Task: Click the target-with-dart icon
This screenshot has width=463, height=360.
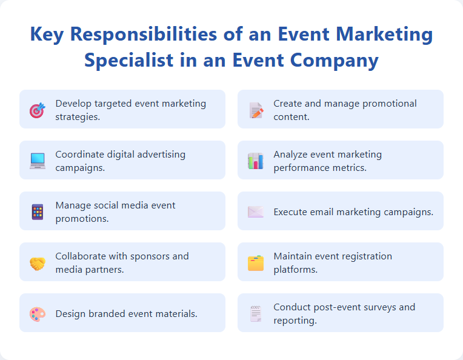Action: coord(37,110)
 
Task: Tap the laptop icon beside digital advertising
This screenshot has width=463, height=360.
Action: coord(38,161)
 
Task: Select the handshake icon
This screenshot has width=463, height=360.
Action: coord(38,263)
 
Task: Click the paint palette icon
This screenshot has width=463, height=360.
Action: coord(38,314)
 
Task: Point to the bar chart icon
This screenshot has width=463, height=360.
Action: coord(255,161)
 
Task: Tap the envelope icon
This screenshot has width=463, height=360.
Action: coord(255,212)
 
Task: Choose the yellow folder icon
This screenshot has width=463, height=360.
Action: coord(255,263)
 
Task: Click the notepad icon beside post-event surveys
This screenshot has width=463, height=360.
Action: coord(255,314)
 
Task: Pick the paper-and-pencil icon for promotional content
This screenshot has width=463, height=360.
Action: coord(256,110)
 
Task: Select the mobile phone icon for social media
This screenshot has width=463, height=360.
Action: coord(38,212)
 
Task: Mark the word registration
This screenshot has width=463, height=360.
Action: coord(362,256)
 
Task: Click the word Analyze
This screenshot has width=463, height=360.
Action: coord(291,155)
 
